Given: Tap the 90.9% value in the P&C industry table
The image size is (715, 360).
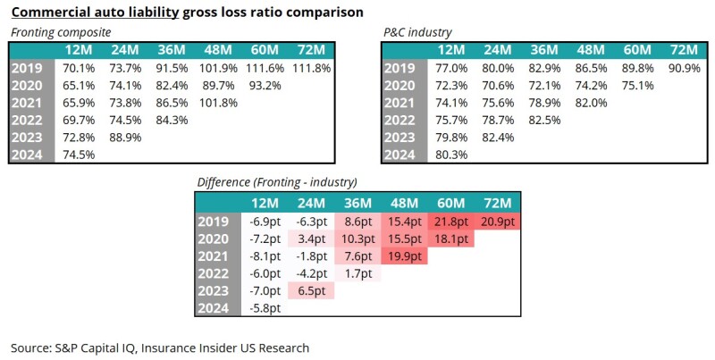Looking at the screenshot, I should pyautogui.click(x=683, y=67).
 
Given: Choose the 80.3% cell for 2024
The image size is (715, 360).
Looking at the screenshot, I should pyautogui.click(x=451, y=154).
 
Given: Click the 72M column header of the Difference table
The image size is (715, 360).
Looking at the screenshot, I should pyautogui.click(x=497, y=203).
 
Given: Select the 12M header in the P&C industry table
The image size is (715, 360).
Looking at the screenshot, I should pyautogui.click(x=451, y=49).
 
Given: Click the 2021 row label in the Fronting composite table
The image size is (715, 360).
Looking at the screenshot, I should pyautogui.click(x=29, y=102).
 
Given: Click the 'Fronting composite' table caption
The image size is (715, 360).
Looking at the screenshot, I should pyautogui.click(x=59, y=32).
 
